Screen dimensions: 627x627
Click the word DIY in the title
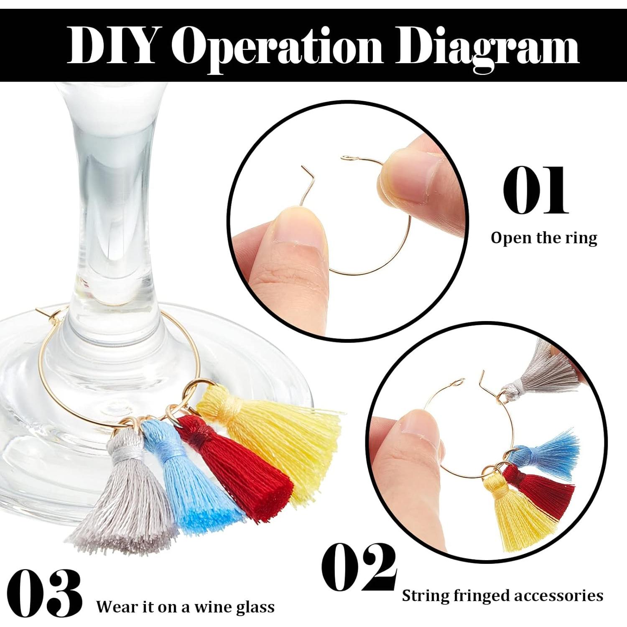coord(111,45)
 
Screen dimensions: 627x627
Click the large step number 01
coord(535,190)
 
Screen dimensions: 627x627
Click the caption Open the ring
coord(544,238)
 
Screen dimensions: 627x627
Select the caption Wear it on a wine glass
coord(186,606)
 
